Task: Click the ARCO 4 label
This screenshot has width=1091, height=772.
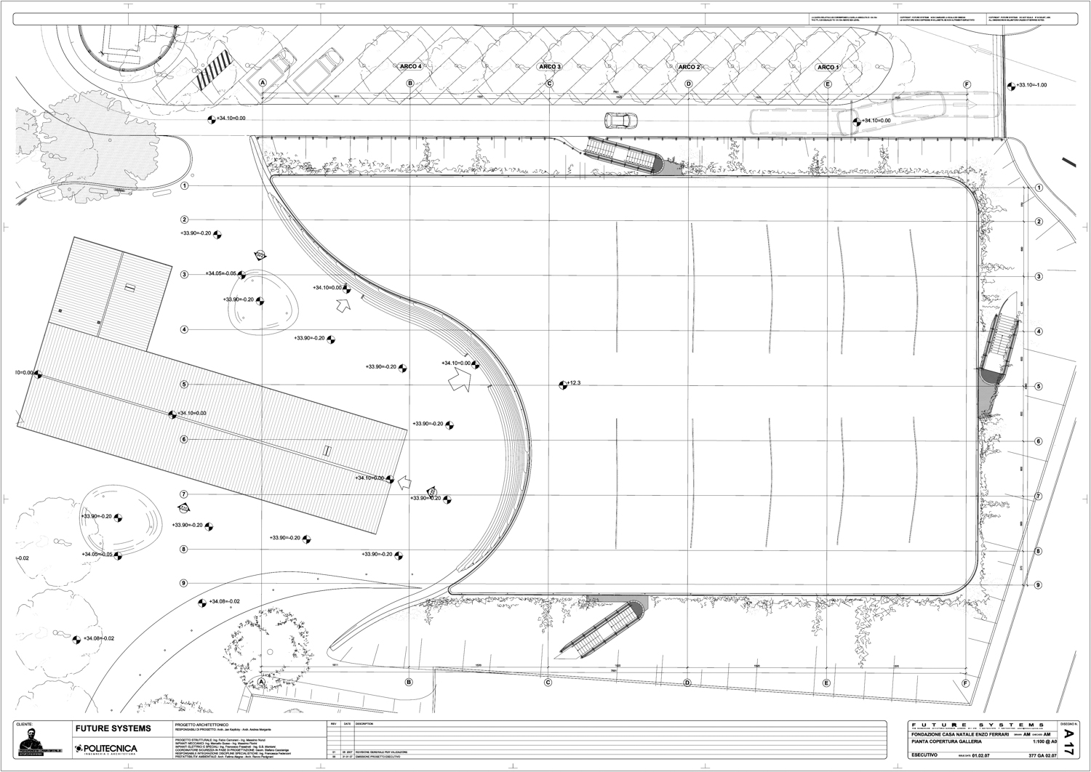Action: [410, 67]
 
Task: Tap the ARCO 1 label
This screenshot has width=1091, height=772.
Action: [827, 68]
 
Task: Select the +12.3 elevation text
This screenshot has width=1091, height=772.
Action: [573, 383]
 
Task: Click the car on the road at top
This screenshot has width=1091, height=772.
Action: [620, 120]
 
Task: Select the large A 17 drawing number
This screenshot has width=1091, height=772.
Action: [1068, 744]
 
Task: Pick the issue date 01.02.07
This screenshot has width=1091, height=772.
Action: [982, 755]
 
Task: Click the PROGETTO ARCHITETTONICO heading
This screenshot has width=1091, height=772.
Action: [202, 725]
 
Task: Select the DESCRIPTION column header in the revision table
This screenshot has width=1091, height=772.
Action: [364, 724]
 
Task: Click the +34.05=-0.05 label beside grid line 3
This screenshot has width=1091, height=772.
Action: [221, 274]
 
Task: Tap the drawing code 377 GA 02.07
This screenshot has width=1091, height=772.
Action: [1042, 755]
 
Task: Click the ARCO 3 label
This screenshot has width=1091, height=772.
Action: [549, 67]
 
